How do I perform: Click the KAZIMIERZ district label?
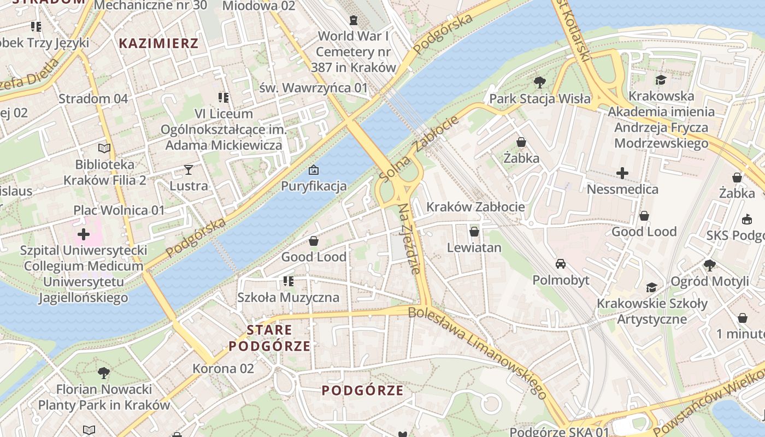coord(158,43)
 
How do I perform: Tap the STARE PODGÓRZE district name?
coord(269,338)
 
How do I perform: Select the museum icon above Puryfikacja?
coord(314,170)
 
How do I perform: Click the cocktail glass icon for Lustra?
coord(189,169)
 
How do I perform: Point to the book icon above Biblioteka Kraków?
coord(104,148)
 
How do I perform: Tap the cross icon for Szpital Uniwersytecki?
coord(84,234)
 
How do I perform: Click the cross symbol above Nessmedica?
coord(622,173)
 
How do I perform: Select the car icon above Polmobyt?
coord(561,264)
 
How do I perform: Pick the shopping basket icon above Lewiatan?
coord(474,231)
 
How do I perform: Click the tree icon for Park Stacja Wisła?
coord(540,82)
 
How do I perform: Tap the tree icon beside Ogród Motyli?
coord(710,265)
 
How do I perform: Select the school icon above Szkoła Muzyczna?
coord(288,281)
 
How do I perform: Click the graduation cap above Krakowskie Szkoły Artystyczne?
coord(651,287)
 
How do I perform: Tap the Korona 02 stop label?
coord(223,368)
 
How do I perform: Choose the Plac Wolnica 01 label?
coord(119,210)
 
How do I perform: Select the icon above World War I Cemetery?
coord(354,20)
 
